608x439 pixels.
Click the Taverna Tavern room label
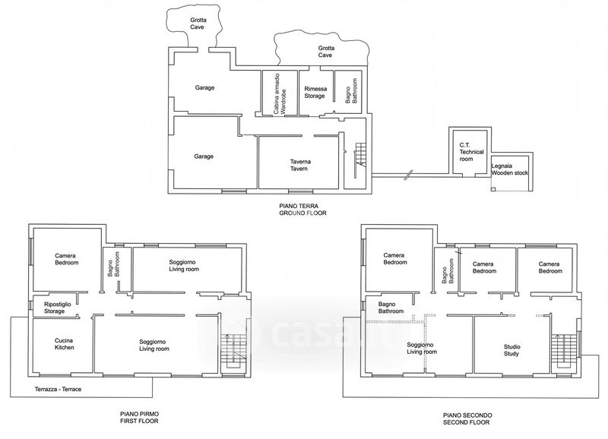(300, 165)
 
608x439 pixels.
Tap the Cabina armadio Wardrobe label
(280, 93)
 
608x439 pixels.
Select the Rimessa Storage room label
(315, 92)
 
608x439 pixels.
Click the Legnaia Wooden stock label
(509, 169)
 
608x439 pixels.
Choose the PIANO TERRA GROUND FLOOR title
(302, 209)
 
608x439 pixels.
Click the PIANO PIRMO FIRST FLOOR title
(139, 417)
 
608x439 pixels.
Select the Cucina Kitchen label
(64, 344)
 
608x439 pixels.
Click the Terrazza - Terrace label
(59, 389)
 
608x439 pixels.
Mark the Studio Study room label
(511, 350)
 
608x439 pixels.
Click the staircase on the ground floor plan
(360, 159)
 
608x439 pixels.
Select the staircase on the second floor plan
(562, 351)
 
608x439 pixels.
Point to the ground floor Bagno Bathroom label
(351, 91)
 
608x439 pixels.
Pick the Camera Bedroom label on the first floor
(66, 259)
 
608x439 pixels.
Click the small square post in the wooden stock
(493, 189)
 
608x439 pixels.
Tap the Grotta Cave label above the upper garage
(198, 24)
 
